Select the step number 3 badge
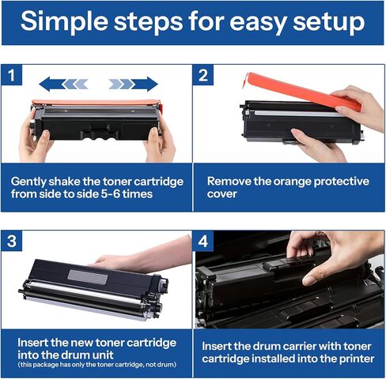tap(12, 242)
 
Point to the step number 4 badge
tap(203, 242)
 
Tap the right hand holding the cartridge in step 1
tap(161, 142)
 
